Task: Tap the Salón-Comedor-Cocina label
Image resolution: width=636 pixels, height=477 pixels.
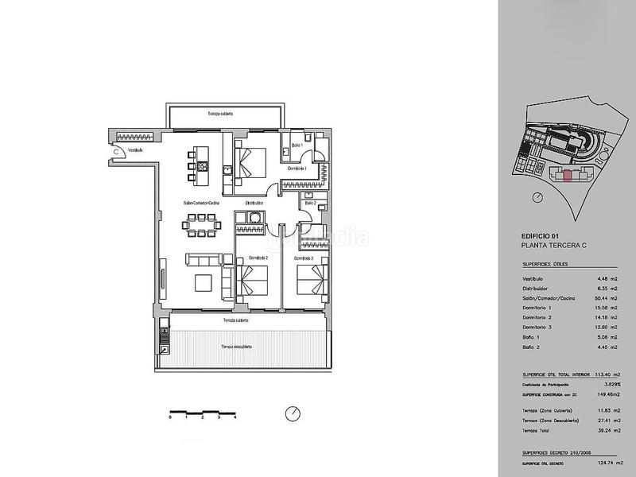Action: [x=201, y=203]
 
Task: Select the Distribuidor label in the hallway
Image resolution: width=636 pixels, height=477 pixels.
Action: [x=254, y=203]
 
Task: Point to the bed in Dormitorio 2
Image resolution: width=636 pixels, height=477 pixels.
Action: [x=253, y=283]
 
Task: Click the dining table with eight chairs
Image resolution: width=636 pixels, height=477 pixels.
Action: [x=201, y=228]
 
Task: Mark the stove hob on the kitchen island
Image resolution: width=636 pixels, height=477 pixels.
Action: [x=203, y=168]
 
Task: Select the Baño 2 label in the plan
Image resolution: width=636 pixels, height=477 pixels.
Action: [x=309, y=204]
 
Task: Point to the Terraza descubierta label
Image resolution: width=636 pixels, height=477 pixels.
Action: [x=237, y=347]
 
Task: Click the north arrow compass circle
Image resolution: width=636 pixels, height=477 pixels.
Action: [x=292, y=413]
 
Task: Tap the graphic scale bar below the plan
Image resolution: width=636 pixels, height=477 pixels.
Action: [x=203, y=413]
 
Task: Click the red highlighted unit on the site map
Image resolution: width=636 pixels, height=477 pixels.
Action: [x=566, y=176]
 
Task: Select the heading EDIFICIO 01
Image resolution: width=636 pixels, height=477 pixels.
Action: [x=541, y=236]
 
